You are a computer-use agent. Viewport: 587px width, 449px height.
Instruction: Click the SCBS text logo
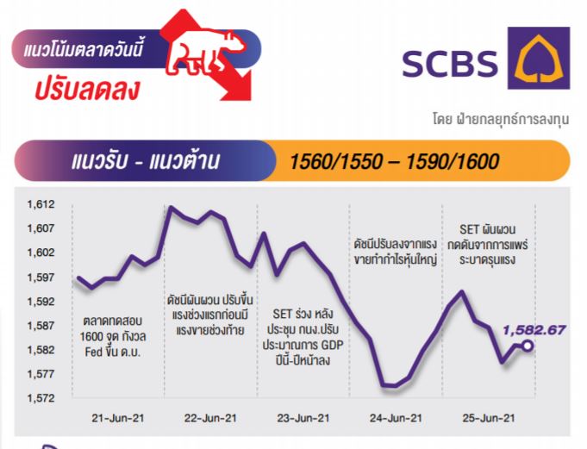[450, 64]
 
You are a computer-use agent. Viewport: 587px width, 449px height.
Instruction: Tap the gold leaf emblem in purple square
[539, 59]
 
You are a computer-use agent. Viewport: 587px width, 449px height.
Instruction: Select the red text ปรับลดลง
[87, 90]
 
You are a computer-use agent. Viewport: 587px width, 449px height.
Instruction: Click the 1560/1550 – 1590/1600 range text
[394, 162]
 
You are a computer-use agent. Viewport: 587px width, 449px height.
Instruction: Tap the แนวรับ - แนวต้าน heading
[145, 161]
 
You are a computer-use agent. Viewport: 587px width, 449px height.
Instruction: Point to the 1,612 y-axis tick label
[41, 204]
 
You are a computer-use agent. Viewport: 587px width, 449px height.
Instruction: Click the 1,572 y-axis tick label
[41, 398]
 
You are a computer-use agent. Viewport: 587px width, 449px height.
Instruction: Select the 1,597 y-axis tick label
[41, 278]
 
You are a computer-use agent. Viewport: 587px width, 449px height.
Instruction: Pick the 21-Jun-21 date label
[118, 418]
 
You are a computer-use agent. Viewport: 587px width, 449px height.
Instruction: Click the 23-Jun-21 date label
[303, 418]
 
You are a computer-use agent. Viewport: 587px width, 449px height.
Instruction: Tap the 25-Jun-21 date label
[489, 418]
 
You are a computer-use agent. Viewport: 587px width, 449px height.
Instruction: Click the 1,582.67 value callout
[534, 330]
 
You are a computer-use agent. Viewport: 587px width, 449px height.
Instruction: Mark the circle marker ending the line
[528, 346]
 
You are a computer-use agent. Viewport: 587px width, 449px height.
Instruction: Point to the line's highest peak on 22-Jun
[171, 207]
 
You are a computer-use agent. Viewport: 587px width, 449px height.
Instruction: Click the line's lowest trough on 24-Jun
[390, 385]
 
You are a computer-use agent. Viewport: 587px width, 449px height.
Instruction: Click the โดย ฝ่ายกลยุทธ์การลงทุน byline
[501, 119]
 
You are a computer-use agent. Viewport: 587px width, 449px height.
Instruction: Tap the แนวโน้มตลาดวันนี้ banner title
[83, 49]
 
